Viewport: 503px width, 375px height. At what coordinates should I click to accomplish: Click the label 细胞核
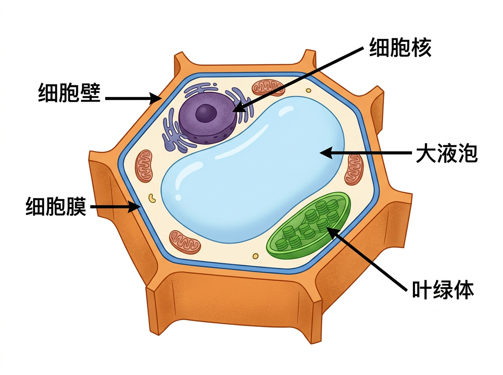coord(400,48)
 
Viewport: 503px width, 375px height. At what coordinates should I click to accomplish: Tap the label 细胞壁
coord(69,92)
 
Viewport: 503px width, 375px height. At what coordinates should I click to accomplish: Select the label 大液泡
coord(446,154)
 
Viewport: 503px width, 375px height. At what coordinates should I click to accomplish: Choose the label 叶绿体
coord(443,290)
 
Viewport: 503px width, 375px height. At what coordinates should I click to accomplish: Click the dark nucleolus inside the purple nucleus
coord(206,112)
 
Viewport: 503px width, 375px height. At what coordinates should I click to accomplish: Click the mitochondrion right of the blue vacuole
coord(354,169)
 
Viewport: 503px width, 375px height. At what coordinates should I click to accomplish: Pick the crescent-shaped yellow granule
coord(152,198)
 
